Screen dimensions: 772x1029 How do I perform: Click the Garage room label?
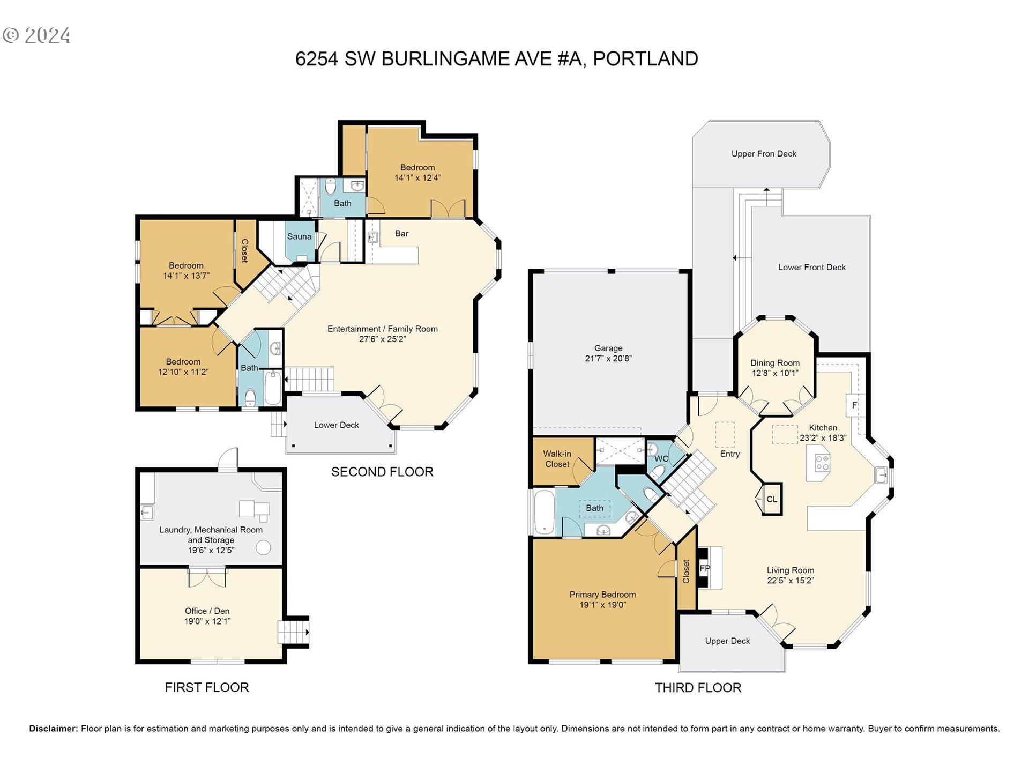[x=608, y=348]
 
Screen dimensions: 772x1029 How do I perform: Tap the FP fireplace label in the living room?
[x=705, y=568]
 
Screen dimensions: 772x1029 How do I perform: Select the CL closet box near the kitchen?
[x=772, y=499]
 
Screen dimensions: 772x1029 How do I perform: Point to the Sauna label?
[x=299, y=236]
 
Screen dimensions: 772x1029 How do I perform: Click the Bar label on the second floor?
[x=401, y=234]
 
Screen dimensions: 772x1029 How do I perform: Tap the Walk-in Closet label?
[x=557, y=459]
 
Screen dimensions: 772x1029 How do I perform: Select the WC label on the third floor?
[x=661, y=459]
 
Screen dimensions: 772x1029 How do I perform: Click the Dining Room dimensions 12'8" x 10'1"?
[x=775, y=373]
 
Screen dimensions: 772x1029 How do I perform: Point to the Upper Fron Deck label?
[x=764, y=154]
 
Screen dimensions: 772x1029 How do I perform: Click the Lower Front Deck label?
[x=811, y=267]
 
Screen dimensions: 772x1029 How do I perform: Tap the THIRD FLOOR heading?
[x=698, y=688]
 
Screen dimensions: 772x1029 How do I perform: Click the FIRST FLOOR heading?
[x=207, y=688]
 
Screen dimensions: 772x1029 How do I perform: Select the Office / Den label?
[x=207, y=611]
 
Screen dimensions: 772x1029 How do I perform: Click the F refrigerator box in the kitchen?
[x=854, y=405]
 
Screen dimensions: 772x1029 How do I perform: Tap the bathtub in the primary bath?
[x=544, y=513]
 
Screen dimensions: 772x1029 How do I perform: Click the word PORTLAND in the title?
[x=645, y=59]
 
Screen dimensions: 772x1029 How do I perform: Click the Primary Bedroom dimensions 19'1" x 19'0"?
[x=602, y=605]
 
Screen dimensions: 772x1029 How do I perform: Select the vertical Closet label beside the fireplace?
[x=686, y=571]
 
